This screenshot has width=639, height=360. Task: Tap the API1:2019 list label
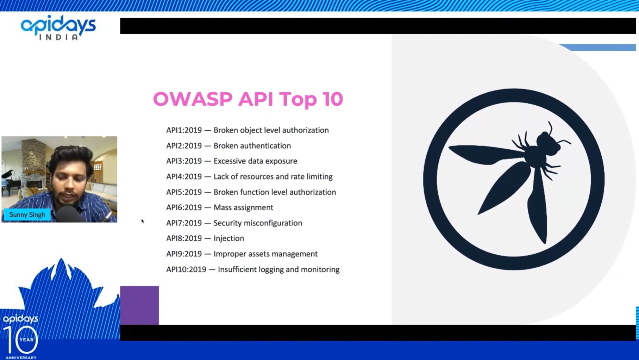click(184, 130)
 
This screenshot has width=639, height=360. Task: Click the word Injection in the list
click(228, 238)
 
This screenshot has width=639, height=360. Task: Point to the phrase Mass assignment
click(243, 207)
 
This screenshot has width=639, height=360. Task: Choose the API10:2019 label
click(186, 269)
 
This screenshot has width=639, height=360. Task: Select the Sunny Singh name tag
click(27, 215)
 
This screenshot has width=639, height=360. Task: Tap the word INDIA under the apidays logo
click(58, 37)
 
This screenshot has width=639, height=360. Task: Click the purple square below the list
click(139, 305)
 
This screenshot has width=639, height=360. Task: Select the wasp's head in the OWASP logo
click(547, 142)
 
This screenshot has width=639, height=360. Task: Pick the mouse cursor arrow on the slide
click(142, 221)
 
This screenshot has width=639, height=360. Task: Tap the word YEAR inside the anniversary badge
click(27, 340)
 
